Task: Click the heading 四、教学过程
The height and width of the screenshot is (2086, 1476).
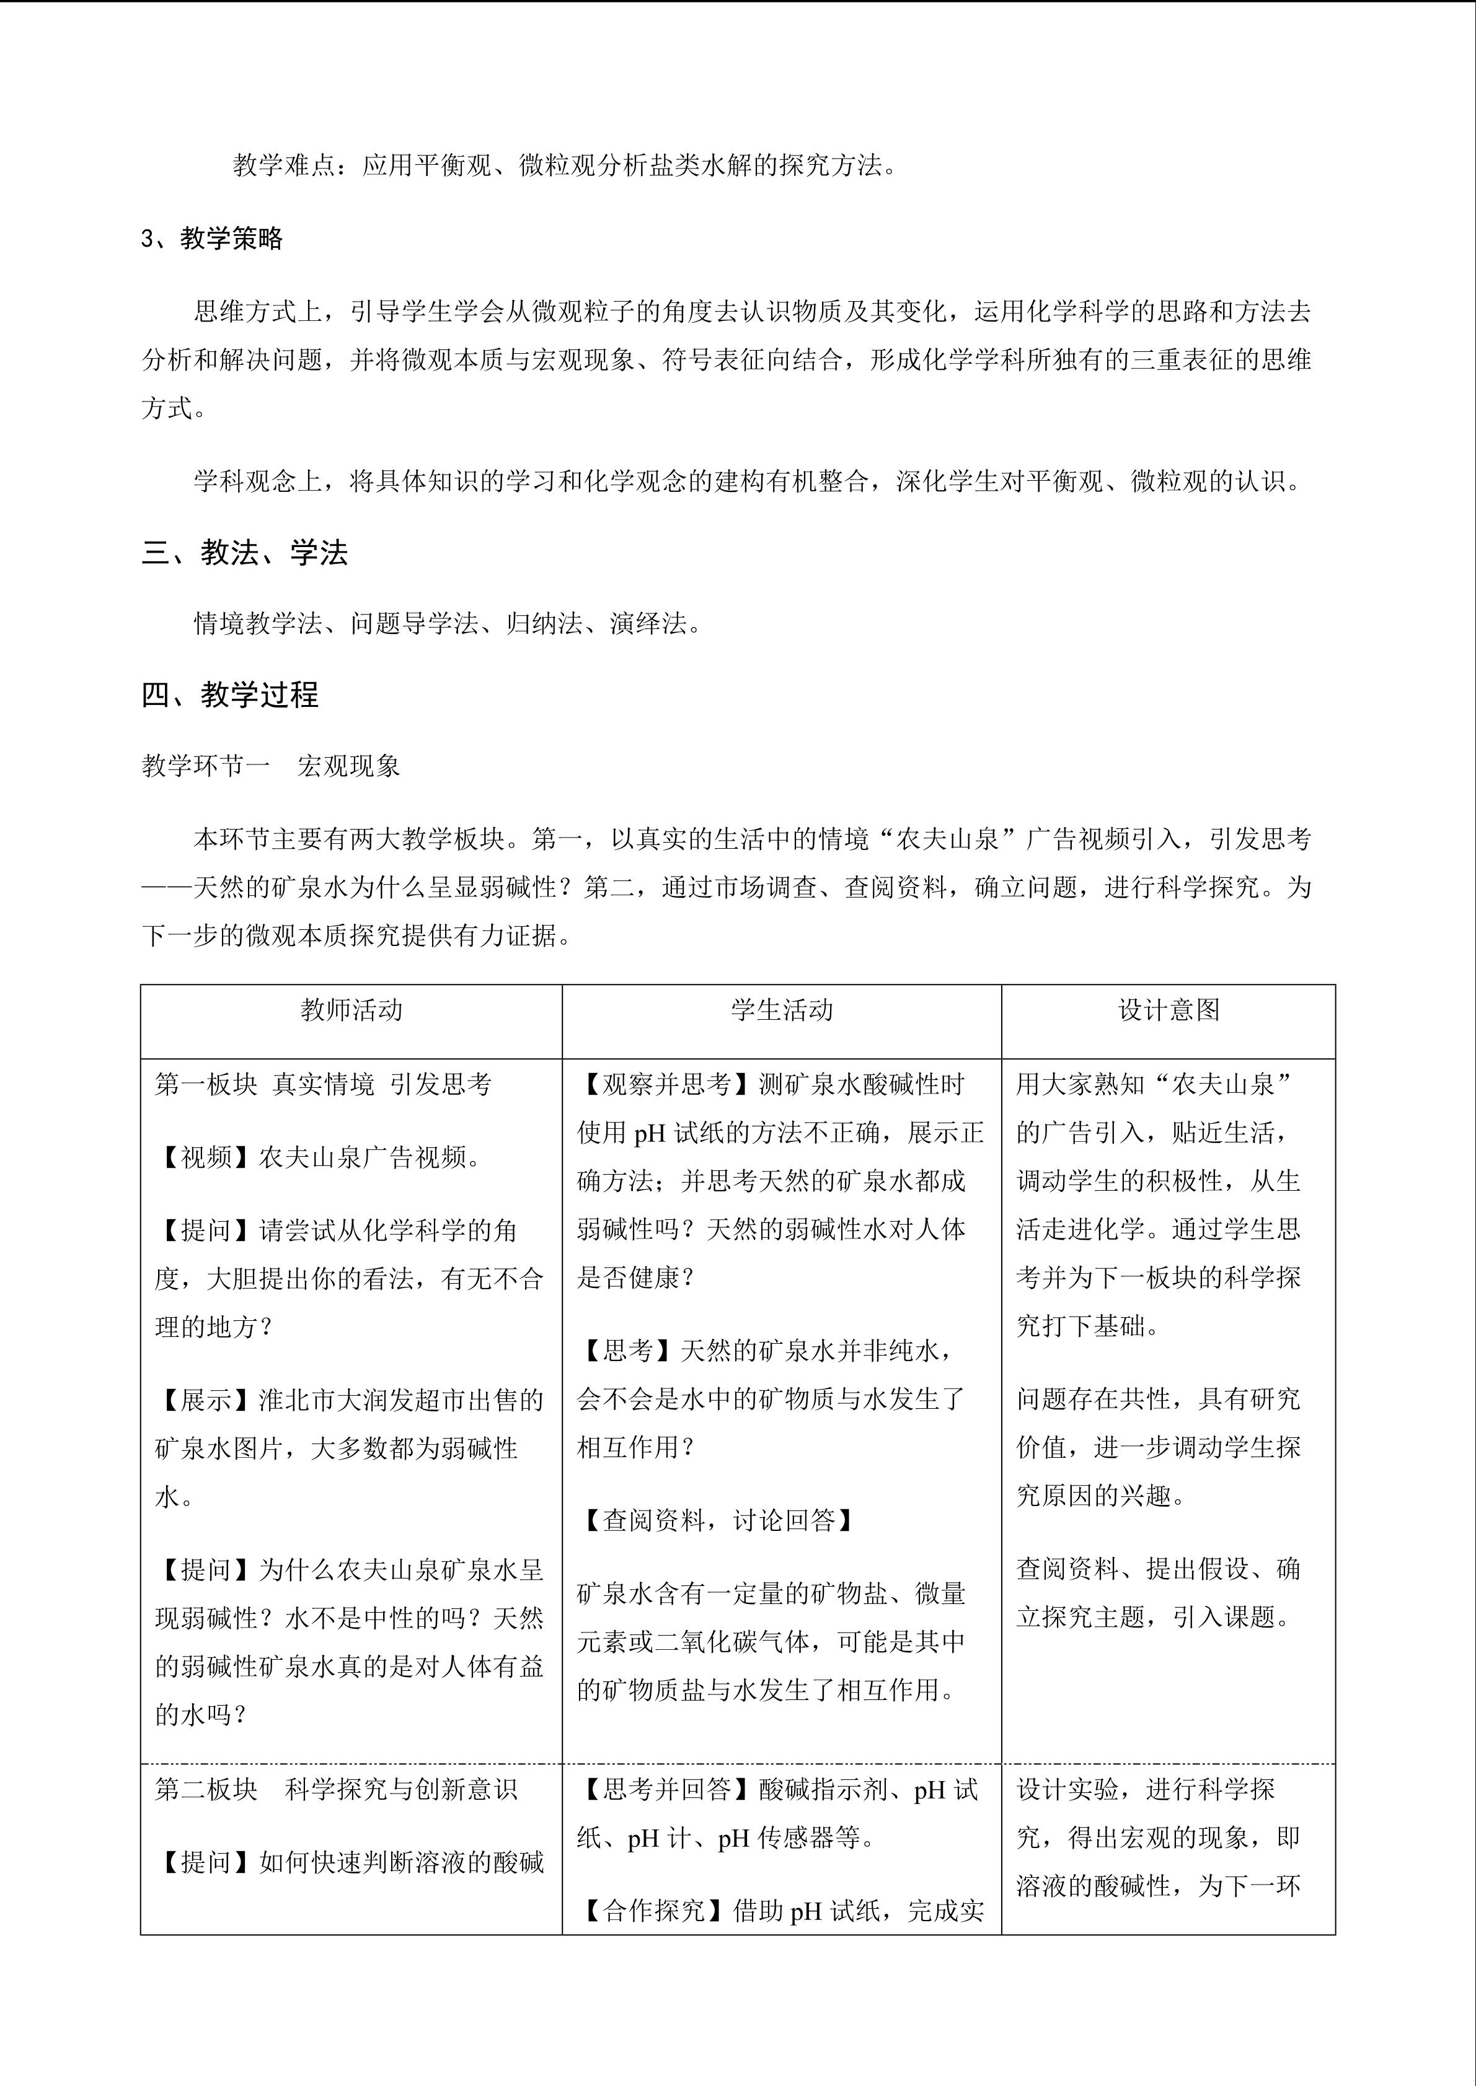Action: [230, 695]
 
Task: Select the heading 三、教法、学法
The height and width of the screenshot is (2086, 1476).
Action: [244, 553]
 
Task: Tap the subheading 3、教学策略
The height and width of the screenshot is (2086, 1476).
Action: [213, 239]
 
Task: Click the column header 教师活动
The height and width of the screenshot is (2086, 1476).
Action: [351, 1010]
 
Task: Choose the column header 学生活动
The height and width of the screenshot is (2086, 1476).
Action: [782, 1010]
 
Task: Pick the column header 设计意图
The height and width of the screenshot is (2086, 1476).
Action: [1168, 1010]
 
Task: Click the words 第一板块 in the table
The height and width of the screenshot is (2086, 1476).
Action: [206, 1084]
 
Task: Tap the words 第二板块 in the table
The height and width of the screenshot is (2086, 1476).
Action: [206, 1790]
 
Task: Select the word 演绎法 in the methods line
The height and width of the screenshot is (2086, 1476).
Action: [647, 624]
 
